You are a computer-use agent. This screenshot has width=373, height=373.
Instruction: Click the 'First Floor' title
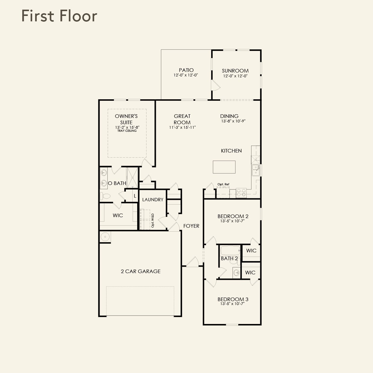pos(59,16)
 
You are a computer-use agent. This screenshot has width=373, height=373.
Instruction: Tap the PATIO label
pos(186,70)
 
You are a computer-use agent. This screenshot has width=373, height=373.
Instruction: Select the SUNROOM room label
pos(235,71)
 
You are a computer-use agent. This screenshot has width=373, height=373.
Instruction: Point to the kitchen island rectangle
pos(224,167)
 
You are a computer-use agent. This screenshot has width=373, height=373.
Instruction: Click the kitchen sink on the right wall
pos(256,170)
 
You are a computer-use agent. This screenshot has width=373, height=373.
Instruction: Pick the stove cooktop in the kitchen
pos(241,193)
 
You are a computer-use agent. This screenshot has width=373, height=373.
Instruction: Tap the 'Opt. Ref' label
pos(223,184)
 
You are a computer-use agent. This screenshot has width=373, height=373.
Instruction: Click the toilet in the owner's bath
pos(105,196)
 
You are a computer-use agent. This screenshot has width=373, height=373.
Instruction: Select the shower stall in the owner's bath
pos(132,178)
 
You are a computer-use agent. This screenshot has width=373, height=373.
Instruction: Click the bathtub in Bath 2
pos(230,250)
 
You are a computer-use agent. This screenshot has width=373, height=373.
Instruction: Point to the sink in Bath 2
pos(236,273)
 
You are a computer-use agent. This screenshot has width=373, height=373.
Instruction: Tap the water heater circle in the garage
pos(105,236)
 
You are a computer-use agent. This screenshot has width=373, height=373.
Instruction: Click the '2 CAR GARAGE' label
pos(141,271)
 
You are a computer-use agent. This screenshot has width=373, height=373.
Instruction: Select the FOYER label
pos(191,226)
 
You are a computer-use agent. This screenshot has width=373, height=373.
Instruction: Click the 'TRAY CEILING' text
pos(127,131)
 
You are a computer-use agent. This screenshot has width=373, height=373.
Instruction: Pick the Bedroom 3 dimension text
pos(233,304)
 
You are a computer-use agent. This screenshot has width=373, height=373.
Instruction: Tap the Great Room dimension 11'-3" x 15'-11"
pos(183,127)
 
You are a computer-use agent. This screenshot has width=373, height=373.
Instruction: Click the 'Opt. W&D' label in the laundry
pos(153,220)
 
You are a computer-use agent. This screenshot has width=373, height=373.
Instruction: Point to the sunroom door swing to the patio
pos(215,85)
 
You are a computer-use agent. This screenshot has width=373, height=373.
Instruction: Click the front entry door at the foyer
pos(193,262)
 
